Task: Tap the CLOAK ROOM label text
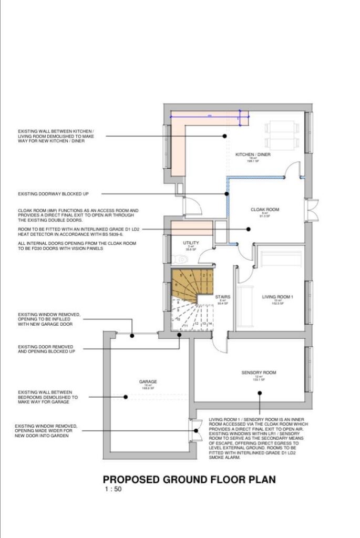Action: [264, 209]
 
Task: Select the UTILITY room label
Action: [190, 243]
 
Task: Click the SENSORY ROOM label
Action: [259, 373]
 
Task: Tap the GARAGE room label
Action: [148, 382]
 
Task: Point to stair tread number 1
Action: [209, 275]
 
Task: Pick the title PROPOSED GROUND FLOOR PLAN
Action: [189, 480]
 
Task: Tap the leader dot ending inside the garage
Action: [125, 397]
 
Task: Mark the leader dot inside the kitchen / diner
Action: [225, 136]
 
